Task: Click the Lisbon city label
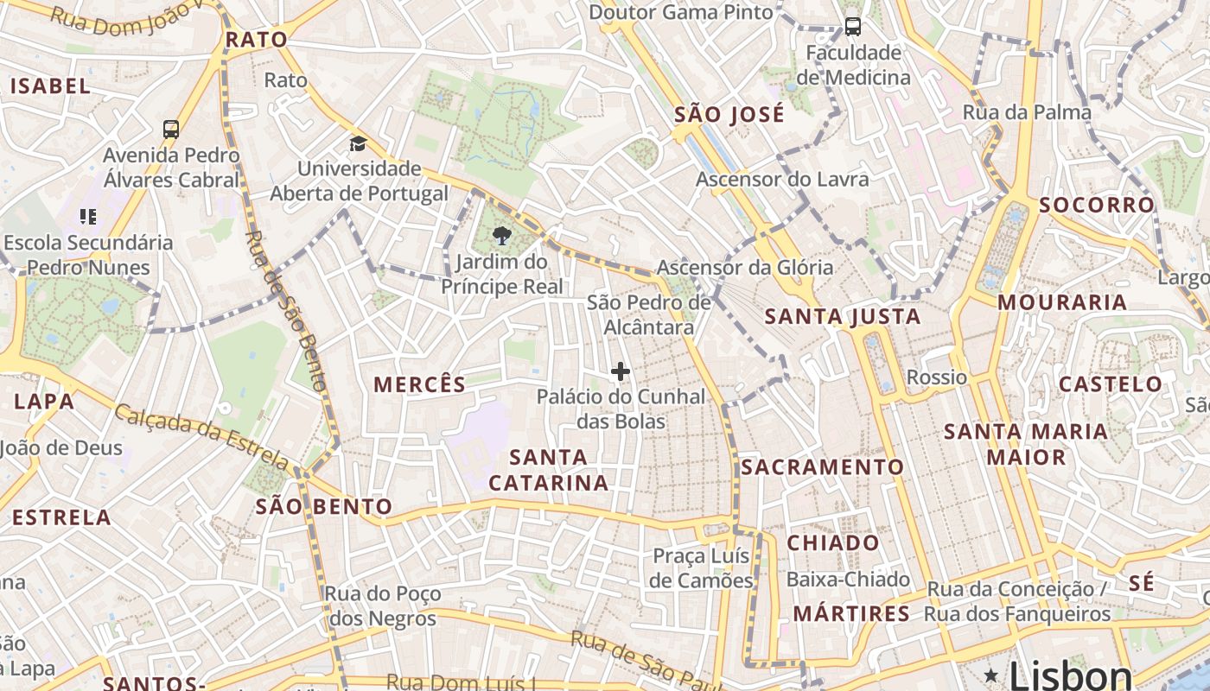tap(1070, 674)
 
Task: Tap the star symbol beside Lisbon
tap(990, 674)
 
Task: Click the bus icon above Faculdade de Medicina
tap(853, 27)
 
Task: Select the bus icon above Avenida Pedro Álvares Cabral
tap(171, 130)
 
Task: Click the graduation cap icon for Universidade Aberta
tap(358, 143)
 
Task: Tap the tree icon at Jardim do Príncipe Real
tap(501, 235)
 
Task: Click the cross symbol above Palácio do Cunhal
tap(621, 371)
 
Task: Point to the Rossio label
tap(937, 377)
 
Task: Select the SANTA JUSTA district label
tap(843, 317)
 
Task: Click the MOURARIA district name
tap(1062, 302)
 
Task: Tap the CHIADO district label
tap(833, 543)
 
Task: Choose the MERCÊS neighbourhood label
tap(419, 385)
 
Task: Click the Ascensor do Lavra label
tap(782, 180)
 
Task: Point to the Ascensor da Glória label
tap(745, 267)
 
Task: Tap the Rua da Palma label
tap(1027, 112)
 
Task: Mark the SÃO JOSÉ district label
tap(729, 115)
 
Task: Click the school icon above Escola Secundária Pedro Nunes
tap(87, 216)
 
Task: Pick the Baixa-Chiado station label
tap(848, 580)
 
